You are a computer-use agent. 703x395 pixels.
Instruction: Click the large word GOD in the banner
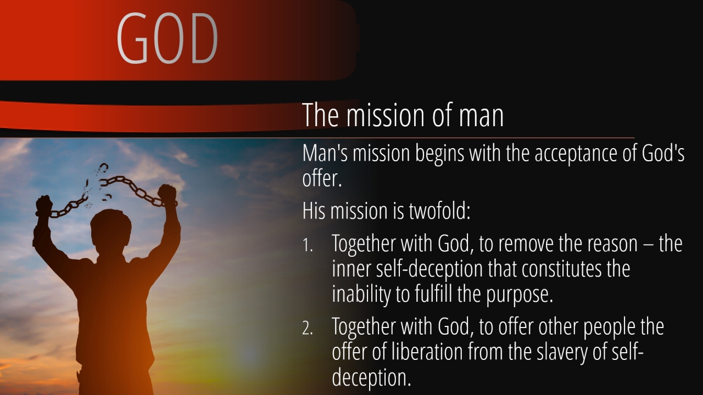167,38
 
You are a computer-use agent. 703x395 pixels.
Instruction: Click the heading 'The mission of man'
403,115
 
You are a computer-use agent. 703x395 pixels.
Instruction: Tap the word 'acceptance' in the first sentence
576,154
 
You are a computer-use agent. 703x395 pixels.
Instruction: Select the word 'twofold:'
439,211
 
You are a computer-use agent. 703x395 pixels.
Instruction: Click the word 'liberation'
427,352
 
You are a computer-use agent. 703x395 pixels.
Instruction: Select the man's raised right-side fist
167,194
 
